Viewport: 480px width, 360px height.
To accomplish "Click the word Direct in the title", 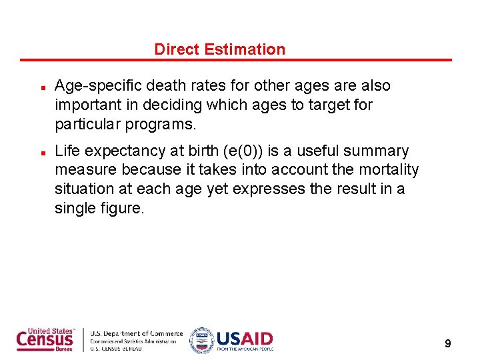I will tap(177, 49).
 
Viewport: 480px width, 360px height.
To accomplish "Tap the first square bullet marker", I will tap(41, 88).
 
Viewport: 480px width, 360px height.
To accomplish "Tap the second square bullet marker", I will tap(41, 153).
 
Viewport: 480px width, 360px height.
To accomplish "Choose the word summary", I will tap(376, 151).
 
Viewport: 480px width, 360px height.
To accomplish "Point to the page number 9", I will tap(448, 344).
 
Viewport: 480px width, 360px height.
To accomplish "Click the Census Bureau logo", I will tap(45, 340).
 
